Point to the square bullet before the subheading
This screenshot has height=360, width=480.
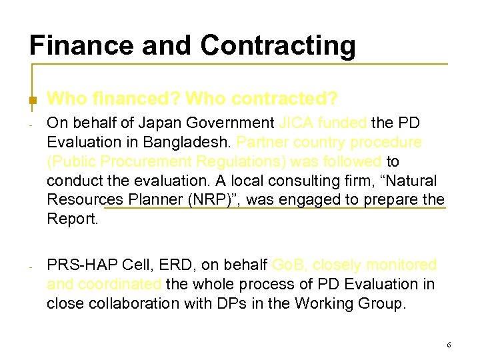point(31,101)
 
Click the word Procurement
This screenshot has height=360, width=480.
point(160,162)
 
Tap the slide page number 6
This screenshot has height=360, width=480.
point(449,345)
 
